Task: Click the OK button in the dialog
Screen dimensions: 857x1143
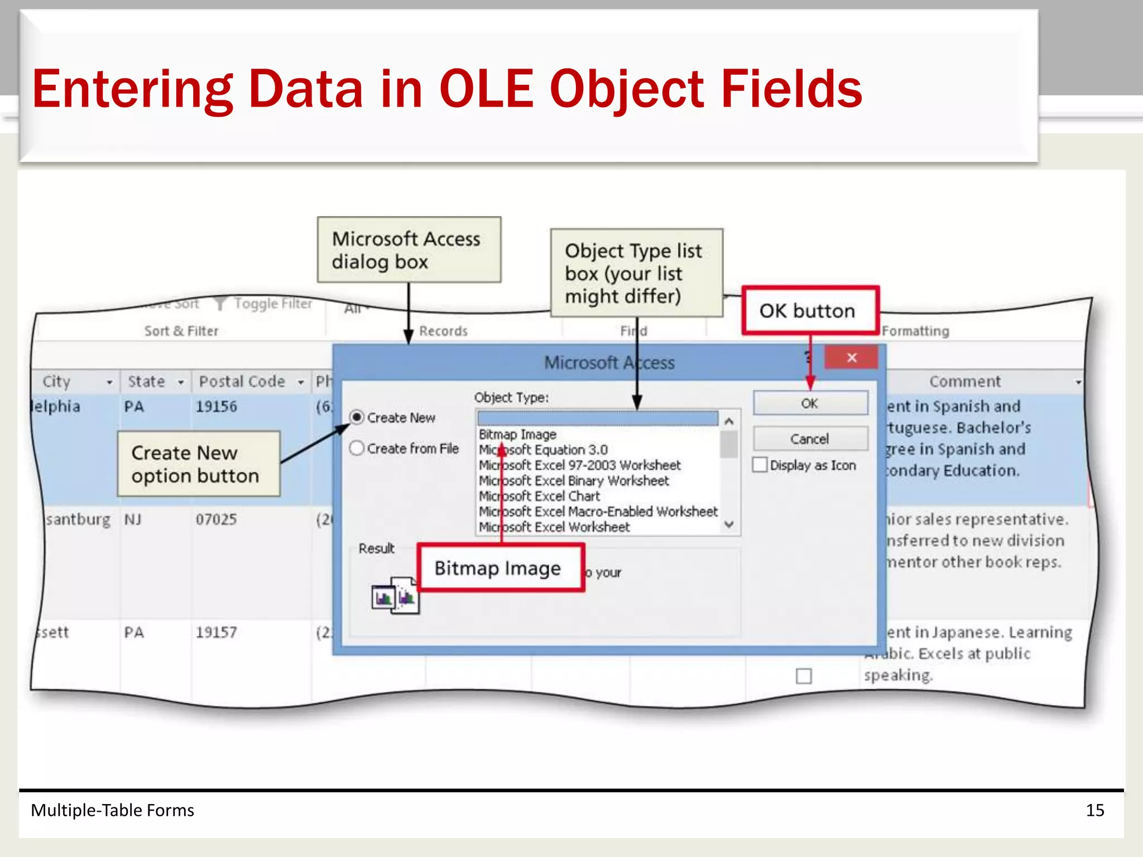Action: [810, 403]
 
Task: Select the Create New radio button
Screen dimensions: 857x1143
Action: [357, 417]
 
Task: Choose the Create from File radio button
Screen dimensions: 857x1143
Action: [357, 448]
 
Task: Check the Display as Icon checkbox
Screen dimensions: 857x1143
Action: [760, 465]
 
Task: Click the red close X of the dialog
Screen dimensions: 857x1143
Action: [851, 358]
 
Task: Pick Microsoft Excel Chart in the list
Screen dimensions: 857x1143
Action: [540, 496]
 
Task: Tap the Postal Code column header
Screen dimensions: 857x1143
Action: [242, 382]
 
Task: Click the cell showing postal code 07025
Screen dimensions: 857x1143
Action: [217, 519]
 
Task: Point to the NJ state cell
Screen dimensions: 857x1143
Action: [133, 519]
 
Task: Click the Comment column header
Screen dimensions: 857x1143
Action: [965, 382]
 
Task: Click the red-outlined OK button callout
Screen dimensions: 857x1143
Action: [810, 311]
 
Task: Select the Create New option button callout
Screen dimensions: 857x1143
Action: [198, 464]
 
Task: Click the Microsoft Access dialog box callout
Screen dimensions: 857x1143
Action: [409, 250]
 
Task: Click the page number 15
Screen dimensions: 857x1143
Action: [1094, 810]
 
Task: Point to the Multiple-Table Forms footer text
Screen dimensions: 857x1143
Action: [112, 810]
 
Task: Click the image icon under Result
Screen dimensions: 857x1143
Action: [395, 596]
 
